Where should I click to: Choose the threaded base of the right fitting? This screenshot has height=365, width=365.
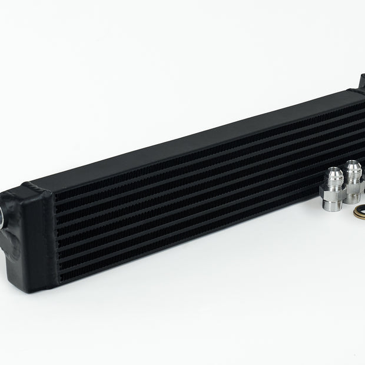click(x=354, y=199)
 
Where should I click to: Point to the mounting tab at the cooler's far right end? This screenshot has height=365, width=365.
click(x=360, y=82)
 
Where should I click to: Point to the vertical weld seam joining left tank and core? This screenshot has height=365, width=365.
click(x=54, y=235)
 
